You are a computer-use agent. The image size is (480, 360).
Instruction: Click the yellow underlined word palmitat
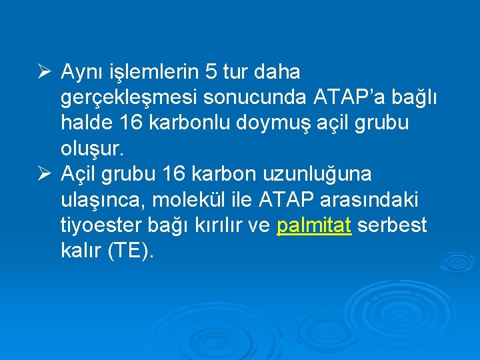coord(313,226)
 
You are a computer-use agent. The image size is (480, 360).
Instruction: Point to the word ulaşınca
coord(98,201)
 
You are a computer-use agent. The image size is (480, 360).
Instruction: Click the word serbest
coord(392,226)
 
